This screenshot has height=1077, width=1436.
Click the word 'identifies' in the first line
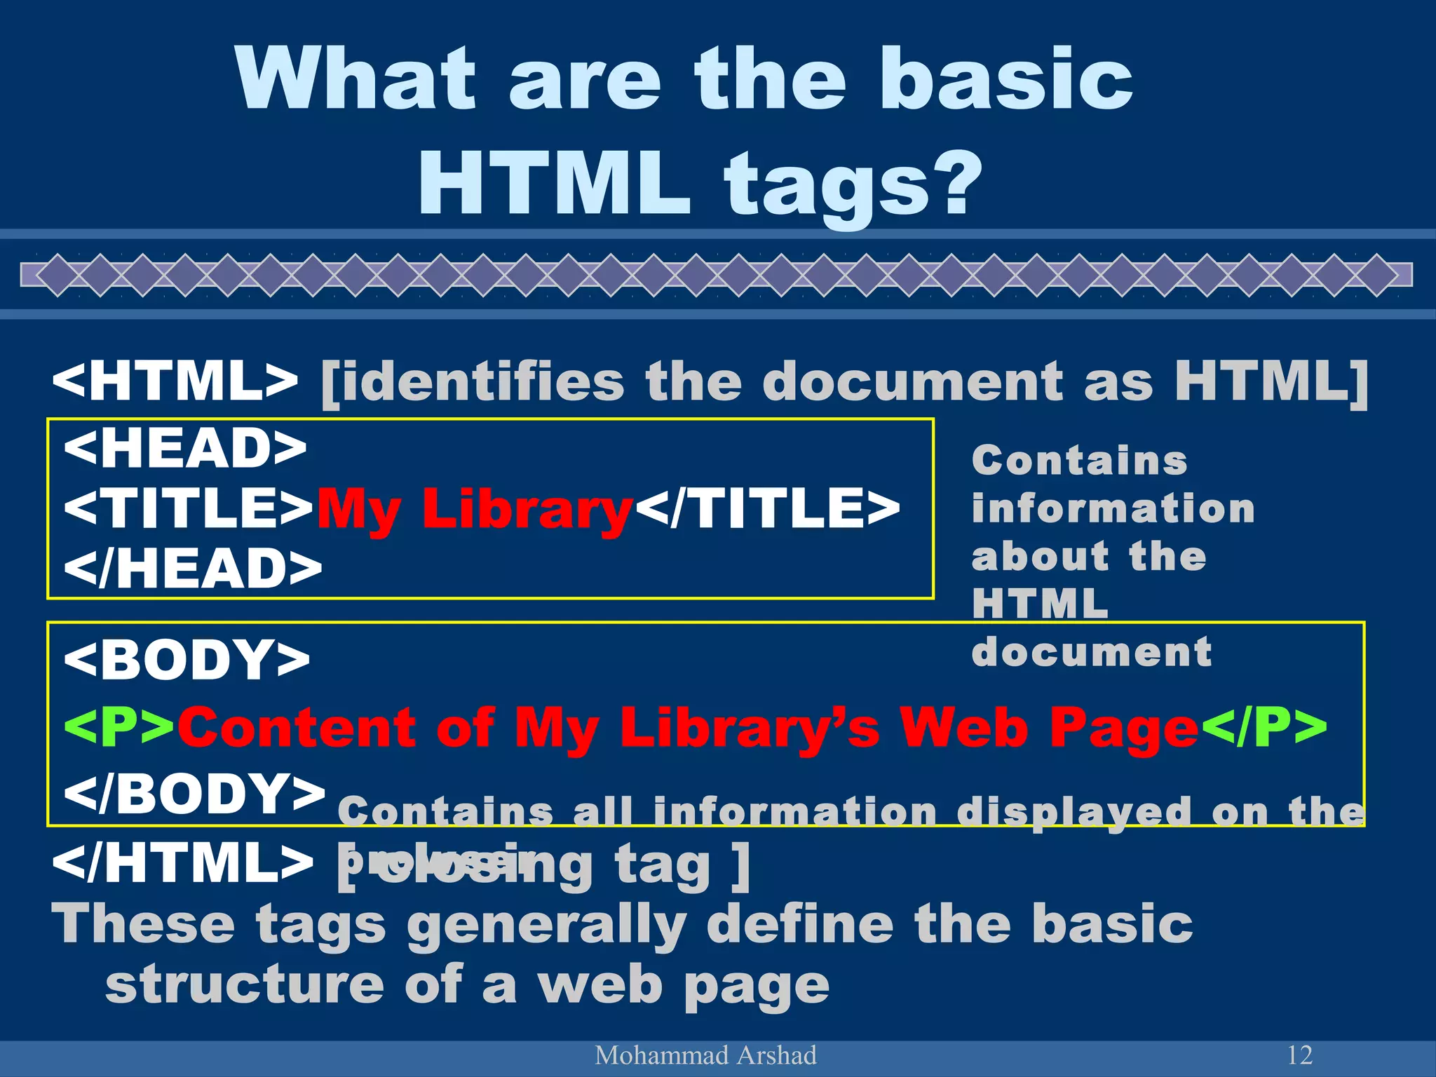(472, 381)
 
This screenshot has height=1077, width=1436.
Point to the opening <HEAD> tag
(185, 449)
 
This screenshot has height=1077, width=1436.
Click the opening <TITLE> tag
(189, 508)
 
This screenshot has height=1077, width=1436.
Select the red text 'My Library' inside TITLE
(475, 510)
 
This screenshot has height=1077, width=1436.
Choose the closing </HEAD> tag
(193, 569)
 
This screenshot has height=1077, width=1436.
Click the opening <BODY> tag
(187, 660)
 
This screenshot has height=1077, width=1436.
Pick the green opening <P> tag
(119, 728)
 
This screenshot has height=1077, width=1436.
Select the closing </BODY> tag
(194, 793)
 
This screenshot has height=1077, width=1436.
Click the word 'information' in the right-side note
(1113, 508)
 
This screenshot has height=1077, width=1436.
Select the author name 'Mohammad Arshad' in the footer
(705, 1055)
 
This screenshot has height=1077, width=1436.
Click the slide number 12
(1300, 1055)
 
